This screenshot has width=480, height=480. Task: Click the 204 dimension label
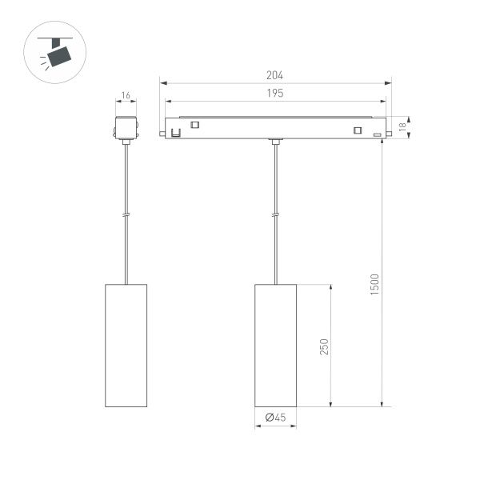click(275, 75)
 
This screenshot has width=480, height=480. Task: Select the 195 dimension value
click(275, 94)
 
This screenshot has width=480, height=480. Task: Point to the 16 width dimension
click(126, 96)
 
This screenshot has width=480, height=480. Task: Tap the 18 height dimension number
click(403, 126)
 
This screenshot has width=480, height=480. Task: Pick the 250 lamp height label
click(324, 346)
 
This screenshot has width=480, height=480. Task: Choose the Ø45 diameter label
click(275, 417)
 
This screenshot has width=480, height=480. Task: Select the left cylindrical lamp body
click(126, 345)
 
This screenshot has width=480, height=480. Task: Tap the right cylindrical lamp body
click(275, 345)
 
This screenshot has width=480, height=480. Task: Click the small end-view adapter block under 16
click(126, 128)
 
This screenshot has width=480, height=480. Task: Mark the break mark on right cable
click(275, 214)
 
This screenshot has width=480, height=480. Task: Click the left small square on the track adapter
click(194, 124)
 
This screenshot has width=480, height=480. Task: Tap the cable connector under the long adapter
click(275, 142)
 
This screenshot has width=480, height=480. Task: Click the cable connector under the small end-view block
click(126, 142)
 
